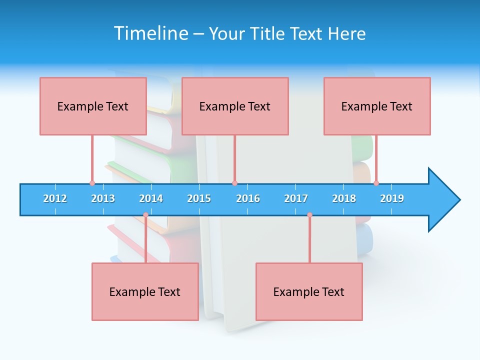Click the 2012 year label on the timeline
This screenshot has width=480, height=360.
(x=55, y=198)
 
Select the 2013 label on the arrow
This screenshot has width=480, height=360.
(x=103, y=198)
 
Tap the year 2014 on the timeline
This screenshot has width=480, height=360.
(x=151, y=198)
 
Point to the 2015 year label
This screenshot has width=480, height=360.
(x=199, y=198)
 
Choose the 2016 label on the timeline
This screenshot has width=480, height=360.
(x=248, y=198)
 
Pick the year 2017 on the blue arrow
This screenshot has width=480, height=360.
(x=296, y=198)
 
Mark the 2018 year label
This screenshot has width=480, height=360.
(x=344, y=198)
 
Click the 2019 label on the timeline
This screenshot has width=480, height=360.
(x=392, y=198)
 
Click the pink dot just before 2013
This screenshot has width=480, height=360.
(x=92, y=183)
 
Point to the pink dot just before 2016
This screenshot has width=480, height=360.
(x=234, y=183)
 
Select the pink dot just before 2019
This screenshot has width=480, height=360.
(x=376, y=183)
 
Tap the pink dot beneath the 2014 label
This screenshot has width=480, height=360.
(x=145, y=215)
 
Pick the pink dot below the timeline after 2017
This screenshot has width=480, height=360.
(x=309, y=215)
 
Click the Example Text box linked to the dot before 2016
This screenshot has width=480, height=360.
(x=235, y=106)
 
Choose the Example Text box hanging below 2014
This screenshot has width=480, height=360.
(x=145, y=291)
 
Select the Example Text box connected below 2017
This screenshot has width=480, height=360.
(x=309, y=291)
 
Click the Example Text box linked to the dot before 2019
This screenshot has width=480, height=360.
(x=377, y=106)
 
